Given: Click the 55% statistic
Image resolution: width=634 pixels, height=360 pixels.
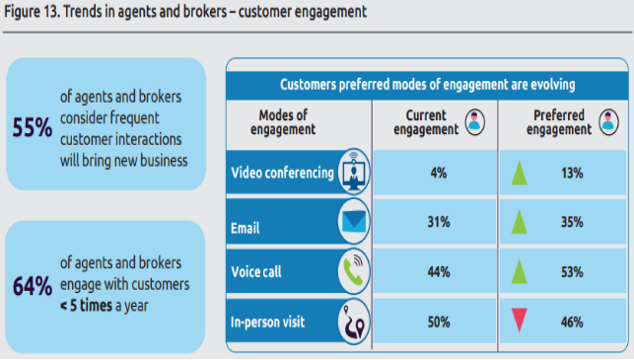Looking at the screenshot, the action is (x=33, y=127).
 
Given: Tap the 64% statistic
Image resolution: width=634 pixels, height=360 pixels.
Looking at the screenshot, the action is (x=33, y=286).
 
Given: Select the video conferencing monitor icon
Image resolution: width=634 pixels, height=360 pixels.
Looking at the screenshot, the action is (x=354, y=172).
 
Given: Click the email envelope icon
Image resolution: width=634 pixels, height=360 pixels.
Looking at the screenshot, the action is (x=354, y=221).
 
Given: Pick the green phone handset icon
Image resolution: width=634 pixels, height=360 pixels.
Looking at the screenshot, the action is (x=354, y=271).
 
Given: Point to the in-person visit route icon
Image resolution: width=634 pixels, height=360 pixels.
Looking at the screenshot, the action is (x=354, y=322).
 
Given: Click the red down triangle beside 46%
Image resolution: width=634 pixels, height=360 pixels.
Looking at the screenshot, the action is (x=520, y=320).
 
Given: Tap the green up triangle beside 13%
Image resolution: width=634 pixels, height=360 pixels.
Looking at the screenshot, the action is (x=520, y=174).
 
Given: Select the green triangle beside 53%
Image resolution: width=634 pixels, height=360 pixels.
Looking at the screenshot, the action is (x=520, y=271).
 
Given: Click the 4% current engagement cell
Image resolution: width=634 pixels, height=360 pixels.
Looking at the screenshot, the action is (x=439, y=174).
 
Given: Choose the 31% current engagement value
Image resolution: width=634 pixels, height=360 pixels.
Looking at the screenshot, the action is (x=439, y=222).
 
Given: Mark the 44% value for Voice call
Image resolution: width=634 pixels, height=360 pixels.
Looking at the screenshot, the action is (x=439, y=272).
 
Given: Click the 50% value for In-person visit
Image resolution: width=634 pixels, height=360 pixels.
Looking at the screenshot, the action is (x=439, y=323).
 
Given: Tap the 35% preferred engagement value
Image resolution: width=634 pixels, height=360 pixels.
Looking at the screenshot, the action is (x=572, y=222).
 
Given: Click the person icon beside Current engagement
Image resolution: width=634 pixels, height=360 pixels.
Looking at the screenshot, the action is (x=474, y=121).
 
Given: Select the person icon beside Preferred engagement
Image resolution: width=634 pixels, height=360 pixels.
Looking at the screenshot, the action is (x=608, y=121).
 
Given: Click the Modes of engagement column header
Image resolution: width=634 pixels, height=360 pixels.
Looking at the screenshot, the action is (x=283, y=122).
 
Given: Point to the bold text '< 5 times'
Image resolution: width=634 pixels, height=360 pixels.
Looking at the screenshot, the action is (x=86, y=306).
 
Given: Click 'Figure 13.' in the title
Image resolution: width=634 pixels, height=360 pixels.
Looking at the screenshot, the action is (x=33, y=12).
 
